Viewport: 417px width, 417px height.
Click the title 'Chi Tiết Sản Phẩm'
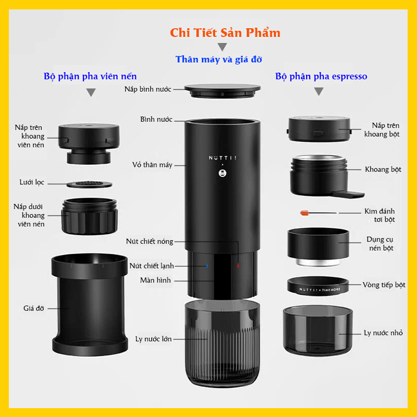pyautogui.click(x=225, y=33)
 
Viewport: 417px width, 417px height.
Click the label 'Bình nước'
pyautogui.click(x=156, y=119)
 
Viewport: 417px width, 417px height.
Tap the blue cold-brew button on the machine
pyautogui.click(x=207, y=265)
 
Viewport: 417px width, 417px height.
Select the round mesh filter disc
pyautogui.click(x=89, y=183)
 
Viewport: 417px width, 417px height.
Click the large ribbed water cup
pyautogui.click(x=223, y=344)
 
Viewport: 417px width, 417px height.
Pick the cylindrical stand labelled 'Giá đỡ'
pyautogui.click(x=89, y=305)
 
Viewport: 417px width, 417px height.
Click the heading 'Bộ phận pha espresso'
pyautogui.click(x=321, y=76)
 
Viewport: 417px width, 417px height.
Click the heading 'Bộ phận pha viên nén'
pyautogui.click(x=90, y=76)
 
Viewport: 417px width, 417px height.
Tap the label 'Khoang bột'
pyautogui.click(x=383, y=169)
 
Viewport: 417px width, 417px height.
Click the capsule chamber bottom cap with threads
pyautogui.click(x=89, y=215)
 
